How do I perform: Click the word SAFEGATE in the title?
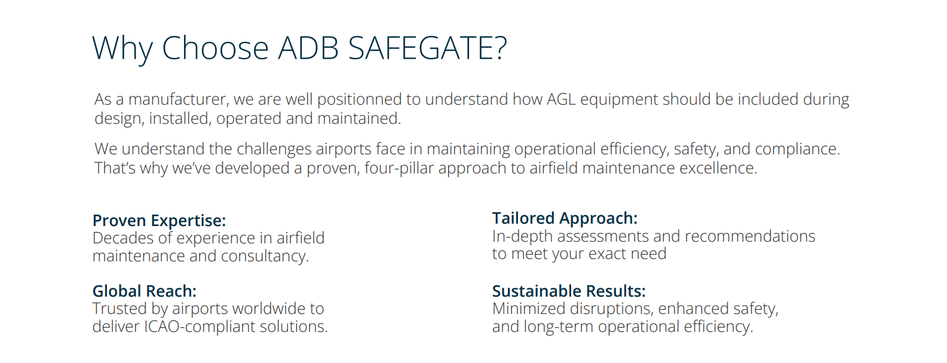[x=427, y=48]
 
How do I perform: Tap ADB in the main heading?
[x=309, y=48]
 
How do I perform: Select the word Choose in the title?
[x=215, y=48]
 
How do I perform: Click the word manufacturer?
[x=179, y=100]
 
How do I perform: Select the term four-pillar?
[x=399, y=169]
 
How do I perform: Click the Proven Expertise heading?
[x=160, y=221]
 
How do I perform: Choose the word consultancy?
[x=265, y=257]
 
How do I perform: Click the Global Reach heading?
[x=145, y=291]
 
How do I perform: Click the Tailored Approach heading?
[x=565, y=219]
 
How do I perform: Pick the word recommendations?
[x=750, y=236]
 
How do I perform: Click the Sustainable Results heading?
[x=569, y=291]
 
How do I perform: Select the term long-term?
[x=558, y=327]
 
